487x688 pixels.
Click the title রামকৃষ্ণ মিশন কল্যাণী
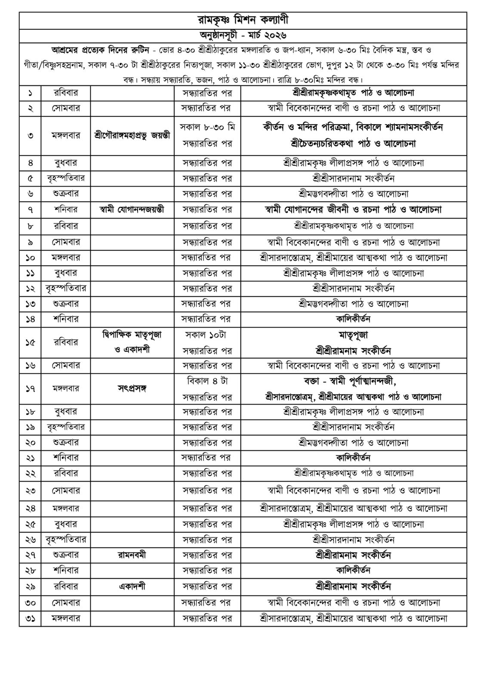[x=243, y=20]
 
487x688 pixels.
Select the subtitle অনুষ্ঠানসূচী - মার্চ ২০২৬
[x=243, y=35]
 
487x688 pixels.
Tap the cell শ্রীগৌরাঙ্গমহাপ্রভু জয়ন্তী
[x=132, y=135]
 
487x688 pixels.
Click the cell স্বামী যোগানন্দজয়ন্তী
[x=132, y=210]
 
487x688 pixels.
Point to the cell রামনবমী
[x=132, y=555]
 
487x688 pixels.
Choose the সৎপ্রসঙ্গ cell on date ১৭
[x=132, y=389]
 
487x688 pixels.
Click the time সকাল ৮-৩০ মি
[x=207, y=127]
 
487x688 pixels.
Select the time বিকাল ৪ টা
[x=207, y=381]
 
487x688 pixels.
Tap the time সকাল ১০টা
[x=207, y=335]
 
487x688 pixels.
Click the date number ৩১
[x=30, y=618]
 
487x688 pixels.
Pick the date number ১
[x=30, y=93]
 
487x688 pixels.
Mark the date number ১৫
[x=30, y=343]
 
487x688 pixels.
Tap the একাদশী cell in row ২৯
[x=132, y=586]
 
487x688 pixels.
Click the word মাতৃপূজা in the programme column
[x=353, y=335]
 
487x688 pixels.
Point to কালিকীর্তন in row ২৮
[x=353, y=571]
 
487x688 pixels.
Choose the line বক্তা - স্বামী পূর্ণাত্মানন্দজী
[x=353, y=381]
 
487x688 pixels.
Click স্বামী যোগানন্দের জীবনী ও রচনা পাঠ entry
[x=353, y=210]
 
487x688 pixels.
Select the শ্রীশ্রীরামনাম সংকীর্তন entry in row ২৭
[x=353, y=555]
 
